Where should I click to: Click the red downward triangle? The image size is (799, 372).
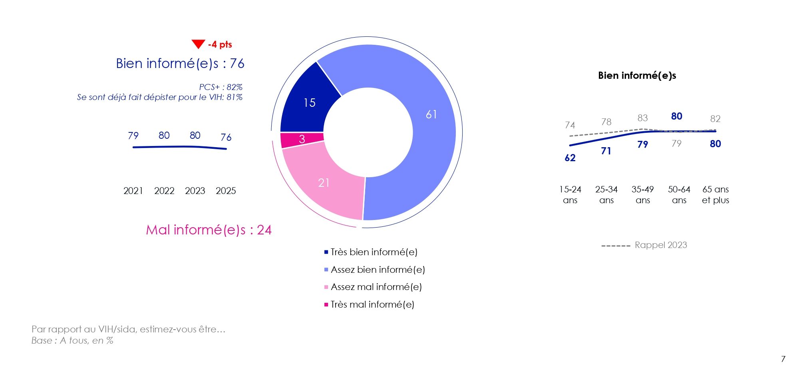tap(198, 44)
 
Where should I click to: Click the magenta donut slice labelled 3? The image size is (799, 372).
tap(302, 139)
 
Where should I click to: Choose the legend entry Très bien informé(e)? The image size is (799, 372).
tap(374, 252)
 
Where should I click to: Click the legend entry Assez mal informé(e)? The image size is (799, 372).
tap(376, 287)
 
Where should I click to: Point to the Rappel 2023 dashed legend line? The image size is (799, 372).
tap(616, 246)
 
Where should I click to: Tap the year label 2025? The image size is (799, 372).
tap(226, 191)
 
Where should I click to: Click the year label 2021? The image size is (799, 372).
tap(133, 191)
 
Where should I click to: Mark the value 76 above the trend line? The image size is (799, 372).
tap(226, 138)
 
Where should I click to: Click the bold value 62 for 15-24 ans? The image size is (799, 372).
tap(570, 158)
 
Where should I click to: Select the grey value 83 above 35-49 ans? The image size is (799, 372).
tap(642, 118)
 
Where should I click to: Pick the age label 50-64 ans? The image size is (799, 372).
tap(679, 194)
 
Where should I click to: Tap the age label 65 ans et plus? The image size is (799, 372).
tap(716, 194)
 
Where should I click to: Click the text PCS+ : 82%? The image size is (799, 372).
tap(221, 87)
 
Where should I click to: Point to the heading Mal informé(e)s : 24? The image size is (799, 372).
tap(209, 230)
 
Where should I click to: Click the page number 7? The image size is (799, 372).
tap(783, 359)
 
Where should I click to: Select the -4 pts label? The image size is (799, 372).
tap(220, 44)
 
